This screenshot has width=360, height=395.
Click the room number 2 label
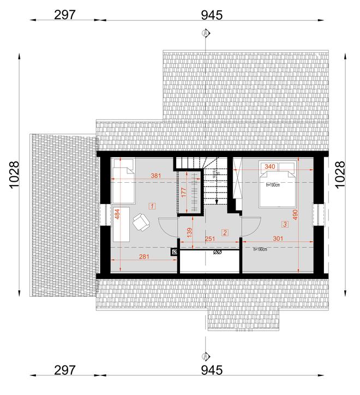point(224,232)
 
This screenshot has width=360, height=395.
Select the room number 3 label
point(285,224)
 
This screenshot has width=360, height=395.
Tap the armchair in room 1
point(141,221)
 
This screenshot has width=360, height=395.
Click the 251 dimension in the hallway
point(211,238)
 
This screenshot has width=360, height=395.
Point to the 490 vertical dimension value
point(296,215)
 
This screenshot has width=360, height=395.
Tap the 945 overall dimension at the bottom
point(212,370)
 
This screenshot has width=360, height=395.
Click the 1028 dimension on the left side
point(15,175)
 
